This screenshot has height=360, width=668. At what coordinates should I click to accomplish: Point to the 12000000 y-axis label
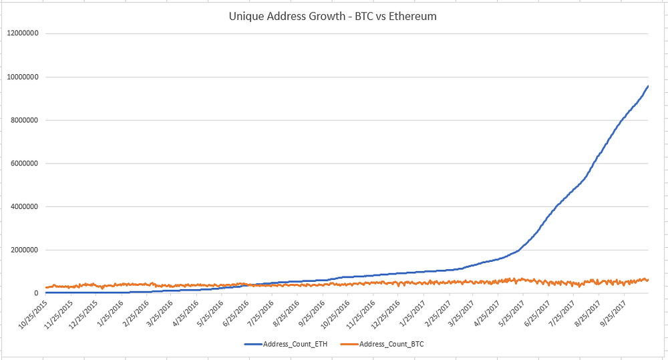click(x=22, y=33)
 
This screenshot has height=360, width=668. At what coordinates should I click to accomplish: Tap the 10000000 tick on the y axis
click(x=22, y=77)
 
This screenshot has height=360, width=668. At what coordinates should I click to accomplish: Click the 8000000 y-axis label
click(x=24, y=120)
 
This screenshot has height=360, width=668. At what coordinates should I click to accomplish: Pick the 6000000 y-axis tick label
click(x=24, y=164)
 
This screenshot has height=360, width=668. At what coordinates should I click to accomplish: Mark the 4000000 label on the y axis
click(x=24, y=207)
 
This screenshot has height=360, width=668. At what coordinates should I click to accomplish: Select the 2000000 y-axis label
click(x=24, y=250)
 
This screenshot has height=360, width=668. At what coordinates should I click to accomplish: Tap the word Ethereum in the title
click(x=411, y=16)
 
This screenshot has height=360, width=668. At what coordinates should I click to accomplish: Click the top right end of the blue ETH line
click(x=647, y=86)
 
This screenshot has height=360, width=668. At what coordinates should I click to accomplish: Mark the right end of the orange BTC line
click(x=647, y=280)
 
